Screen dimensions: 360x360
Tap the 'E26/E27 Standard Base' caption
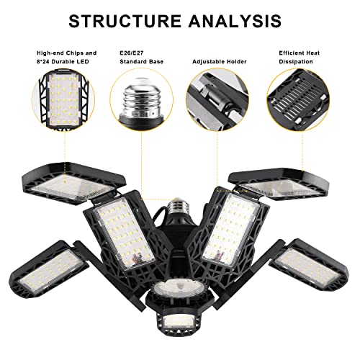tap(140, 58)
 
